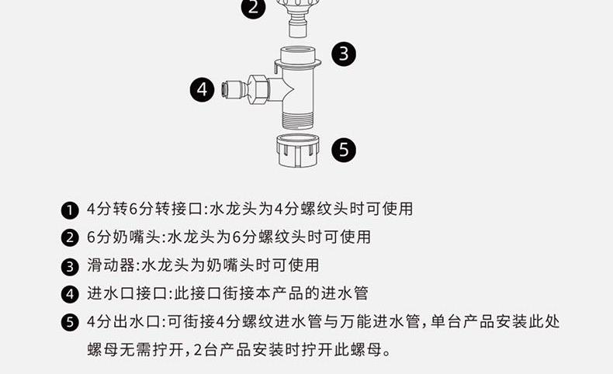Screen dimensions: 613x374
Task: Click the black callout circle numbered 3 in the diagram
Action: [344, 53]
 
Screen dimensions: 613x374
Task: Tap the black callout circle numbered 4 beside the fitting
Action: [202, 89]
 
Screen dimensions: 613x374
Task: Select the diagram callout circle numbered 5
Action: [344, 149]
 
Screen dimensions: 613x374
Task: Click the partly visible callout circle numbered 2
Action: [253, 8]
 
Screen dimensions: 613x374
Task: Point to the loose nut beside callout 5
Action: [298, 151]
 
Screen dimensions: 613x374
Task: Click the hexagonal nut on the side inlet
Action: [258, 90]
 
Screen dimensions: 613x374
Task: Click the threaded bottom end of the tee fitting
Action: [298, 119]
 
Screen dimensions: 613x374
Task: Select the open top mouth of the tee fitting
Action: [298, 52]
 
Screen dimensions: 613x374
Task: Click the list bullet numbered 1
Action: [70, 210]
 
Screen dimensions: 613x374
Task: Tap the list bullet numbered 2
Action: [70, 238]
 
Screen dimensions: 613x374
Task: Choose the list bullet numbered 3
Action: [70, 267]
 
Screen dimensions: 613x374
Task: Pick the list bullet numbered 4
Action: [70, 294]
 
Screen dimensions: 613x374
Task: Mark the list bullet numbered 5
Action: [70, 323]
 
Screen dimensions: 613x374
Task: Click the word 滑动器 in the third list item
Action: [111, 265]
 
